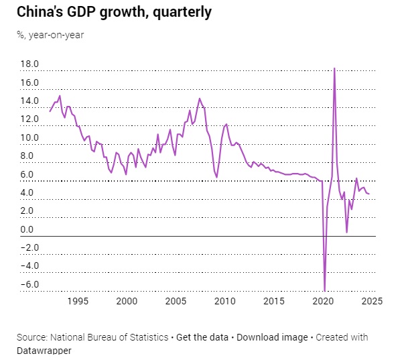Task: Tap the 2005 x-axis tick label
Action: pyautogui.click(x=176, y=302)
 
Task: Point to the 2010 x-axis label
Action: pyautogui.click(x=226, y=302)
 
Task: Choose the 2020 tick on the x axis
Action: pyautogui.click(x=324, y=302)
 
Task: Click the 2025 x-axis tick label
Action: pyautogui.click(x=372, y=302)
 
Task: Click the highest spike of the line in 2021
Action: pyautogui.click(x=334, y=68)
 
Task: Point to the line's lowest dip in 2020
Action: pyautogui.click(x=325, y=290)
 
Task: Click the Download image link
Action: pyautogui.click(x=271, y=337)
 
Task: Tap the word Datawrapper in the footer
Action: pyautogui.click(x=44, y=350)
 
